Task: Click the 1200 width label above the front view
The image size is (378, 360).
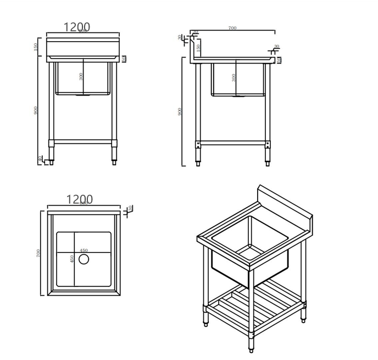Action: click(76, 27)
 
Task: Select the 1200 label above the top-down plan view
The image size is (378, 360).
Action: click(79, 200)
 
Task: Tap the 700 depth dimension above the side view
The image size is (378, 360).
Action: click(232, 28)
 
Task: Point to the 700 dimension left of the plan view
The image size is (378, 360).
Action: click(38, 253)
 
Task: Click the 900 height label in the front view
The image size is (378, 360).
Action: click(36, 110)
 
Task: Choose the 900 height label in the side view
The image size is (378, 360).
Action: click(180, 111)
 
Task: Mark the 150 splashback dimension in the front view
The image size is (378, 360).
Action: click(36, 47)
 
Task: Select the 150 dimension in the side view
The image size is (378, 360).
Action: click(198, 48)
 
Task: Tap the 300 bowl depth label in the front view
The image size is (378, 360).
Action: click(81, 76)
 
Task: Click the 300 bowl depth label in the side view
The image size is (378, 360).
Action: click(234, 77)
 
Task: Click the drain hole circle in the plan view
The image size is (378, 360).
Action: click(84, 259)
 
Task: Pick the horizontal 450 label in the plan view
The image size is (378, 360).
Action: click(84, 251)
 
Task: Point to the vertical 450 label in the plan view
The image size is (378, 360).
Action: click(73, 259)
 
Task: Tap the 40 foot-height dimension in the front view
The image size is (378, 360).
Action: click(40, 159)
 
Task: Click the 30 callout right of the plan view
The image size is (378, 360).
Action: click(130, 209)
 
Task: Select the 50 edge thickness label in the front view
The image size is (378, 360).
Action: click(124, 59)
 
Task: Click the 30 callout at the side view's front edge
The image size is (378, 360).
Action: click(276, 47)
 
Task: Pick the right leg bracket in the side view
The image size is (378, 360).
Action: click(268, 145)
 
